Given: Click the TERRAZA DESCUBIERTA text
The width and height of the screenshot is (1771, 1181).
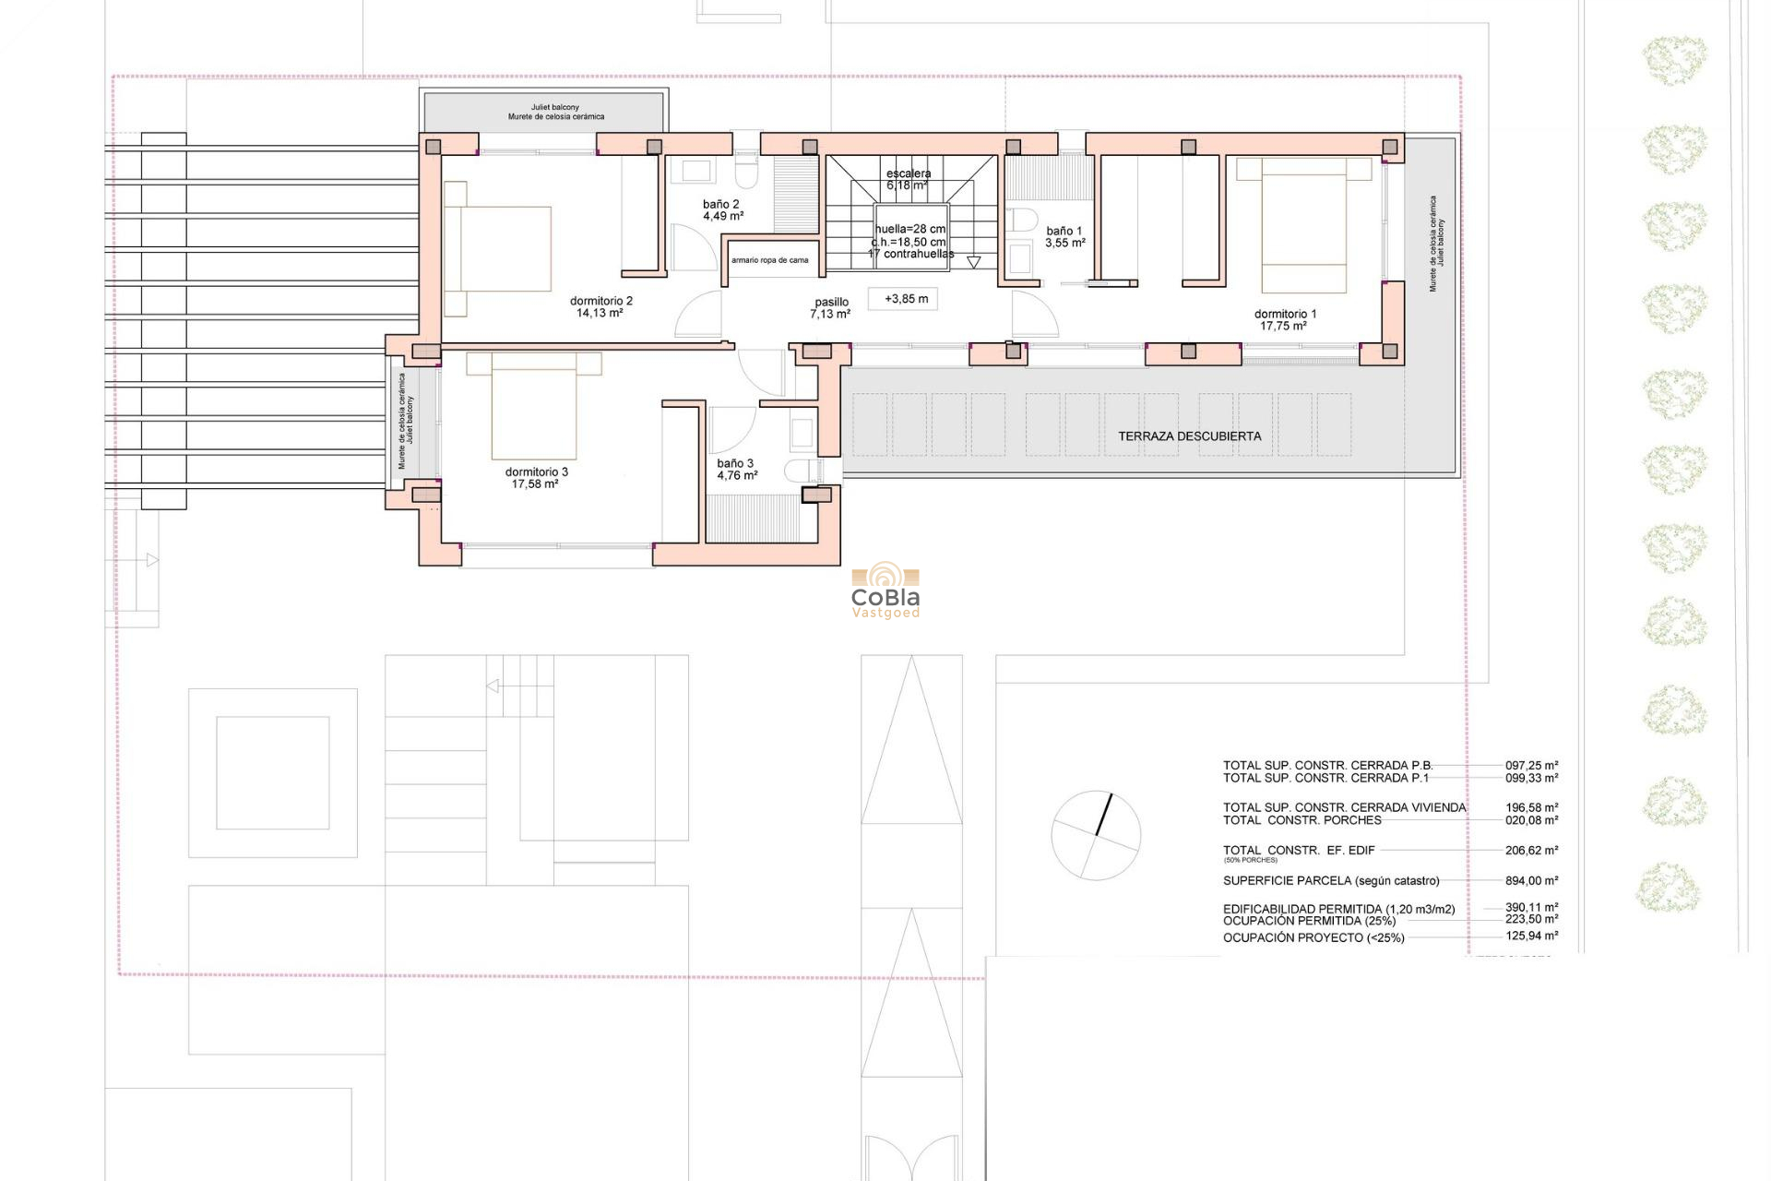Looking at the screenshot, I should pyautogui.click(x=1189, y=436).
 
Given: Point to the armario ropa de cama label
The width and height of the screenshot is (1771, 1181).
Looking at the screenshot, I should pyautogui.click(x=769, y=260).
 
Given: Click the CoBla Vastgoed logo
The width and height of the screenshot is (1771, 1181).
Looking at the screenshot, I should pyautogui.click(x=885, y=593).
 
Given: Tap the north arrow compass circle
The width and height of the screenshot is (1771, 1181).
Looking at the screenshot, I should pyautogui.click(x=1096, y=835).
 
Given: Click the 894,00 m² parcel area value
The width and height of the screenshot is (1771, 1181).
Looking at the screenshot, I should pyautogui.click(x=1531, y=881).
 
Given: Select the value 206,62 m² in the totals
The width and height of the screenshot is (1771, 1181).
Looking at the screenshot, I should pyautogui.click(x=1531, y=851).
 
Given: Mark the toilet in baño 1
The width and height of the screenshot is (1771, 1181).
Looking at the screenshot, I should pyautogui.click(x=1021, y=221).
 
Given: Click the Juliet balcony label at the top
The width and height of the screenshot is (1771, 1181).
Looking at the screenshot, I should pyautogui.click(x=554, y=108).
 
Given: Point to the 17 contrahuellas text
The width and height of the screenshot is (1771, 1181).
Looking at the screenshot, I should pyautogui.click(x=910, y=254).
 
